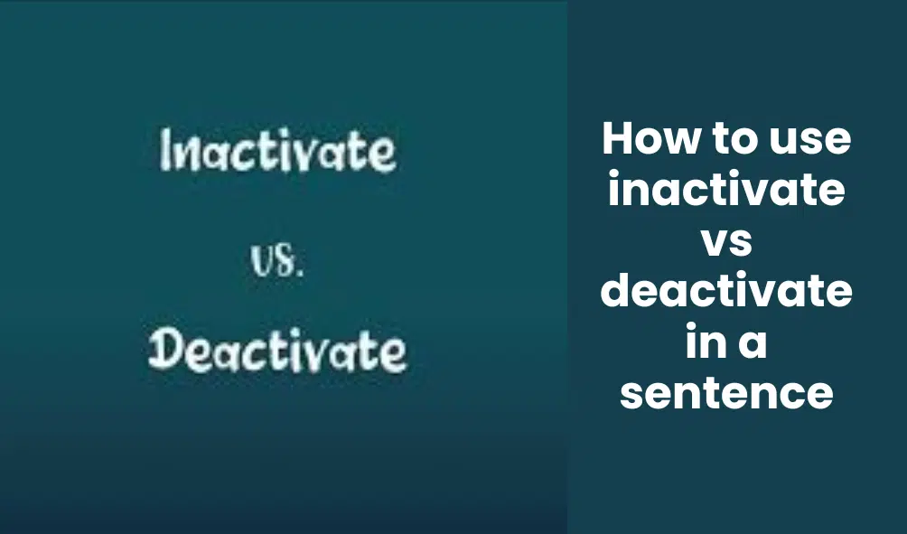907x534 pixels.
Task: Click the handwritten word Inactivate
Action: coord(277,150)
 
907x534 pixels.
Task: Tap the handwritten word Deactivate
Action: coord(277,350)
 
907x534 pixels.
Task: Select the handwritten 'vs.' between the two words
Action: coord(277,261)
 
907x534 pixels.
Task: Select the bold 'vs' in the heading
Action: coord(727,243)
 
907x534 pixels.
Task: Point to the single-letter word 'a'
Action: coord(753,345)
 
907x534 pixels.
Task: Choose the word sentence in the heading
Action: coord(726,395)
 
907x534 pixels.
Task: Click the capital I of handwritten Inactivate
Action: coord(164,150)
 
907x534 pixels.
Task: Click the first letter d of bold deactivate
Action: coord(615,290)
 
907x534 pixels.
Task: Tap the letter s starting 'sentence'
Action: coord(631,397)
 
